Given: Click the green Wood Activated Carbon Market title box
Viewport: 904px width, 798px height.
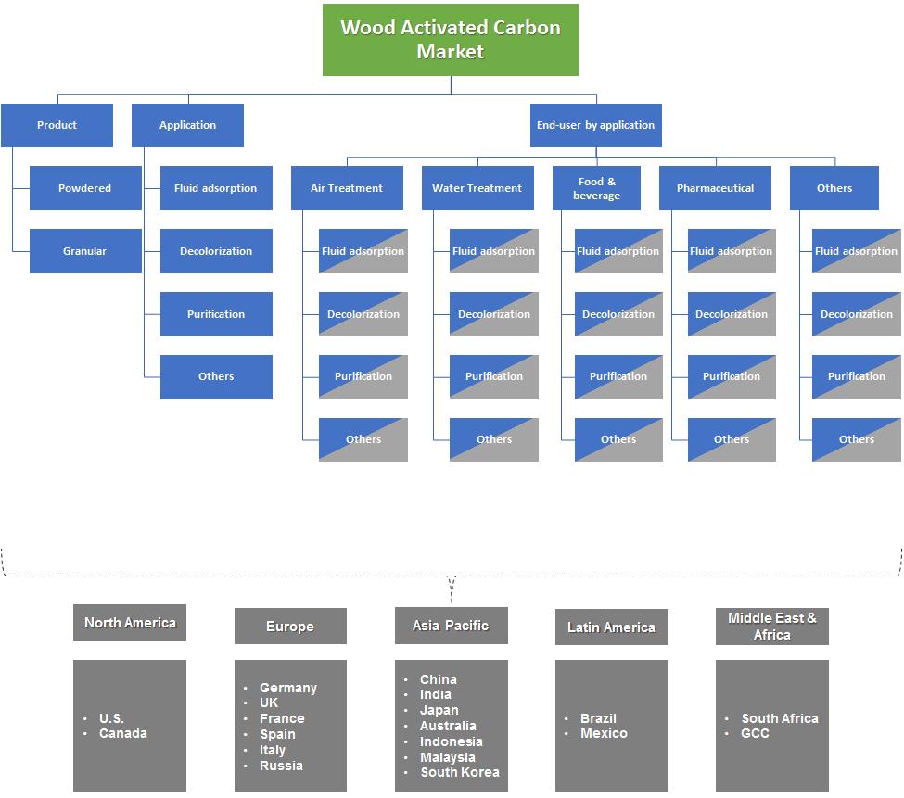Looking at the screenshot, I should (x=451, y=40).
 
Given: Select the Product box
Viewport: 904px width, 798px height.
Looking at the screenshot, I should (x=57, y=125).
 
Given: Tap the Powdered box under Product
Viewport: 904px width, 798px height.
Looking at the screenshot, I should (x=85, y=188).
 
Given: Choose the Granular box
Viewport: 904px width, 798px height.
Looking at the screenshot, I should (x=85, y=251).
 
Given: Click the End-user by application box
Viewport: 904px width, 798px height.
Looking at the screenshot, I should (x=595, y=125).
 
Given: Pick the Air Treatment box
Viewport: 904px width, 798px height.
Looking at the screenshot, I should (x=347, y=188).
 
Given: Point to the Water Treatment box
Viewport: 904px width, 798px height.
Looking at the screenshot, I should (x=477, y=188).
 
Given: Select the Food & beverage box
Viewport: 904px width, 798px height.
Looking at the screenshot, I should (x=596, y=188).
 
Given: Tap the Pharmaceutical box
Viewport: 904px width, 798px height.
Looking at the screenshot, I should (x=715, y=188).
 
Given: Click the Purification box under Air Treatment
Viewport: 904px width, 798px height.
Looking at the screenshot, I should (x=363, y=376).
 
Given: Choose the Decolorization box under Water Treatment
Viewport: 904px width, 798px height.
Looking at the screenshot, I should (x=494, y=314).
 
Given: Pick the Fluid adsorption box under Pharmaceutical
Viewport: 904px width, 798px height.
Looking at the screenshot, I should (x=732, y=251).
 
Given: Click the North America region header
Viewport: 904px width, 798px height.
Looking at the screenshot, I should (x=130, y=623).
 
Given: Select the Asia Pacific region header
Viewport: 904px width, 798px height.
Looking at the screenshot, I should (x=451, y=626).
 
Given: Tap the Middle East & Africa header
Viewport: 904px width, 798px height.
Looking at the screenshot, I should (x=772, y=627).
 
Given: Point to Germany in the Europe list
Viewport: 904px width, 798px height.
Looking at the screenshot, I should (x=287, y=688).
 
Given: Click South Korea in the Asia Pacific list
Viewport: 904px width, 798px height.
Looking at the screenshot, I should (x=459, y=772).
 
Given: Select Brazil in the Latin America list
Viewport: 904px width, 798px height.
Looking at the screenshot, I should (x=598, y=718).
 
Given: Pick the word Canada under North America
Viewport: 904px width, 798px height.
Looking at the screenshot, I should (x=123, y=733).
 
